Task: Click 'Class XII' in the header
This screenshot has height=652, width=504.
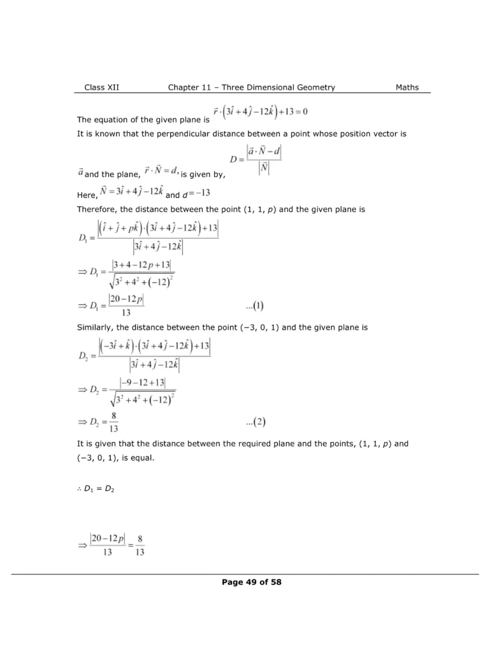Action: click(101, 87)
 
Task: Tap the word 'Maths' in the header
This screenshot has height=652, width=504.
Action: click(407, 87)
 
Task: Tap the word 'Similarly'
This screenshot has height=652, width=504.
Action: click(96, 328)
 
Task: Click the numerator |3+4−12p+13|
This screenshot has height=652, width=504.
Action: click(140, 264)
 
